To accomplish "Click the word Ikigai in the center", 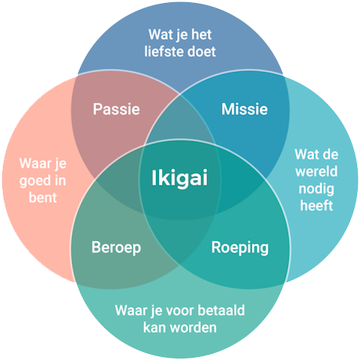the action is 179,178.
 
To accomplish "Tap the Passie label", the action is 116,109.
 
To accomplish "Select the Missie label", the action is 244,109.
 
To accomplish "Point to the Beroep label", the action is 116,247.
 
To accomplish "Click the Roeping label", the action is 240,247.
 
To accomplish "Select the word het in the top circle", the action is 202,34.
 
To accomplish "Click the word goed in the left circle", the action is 32,181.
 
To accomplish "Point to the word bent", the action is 43,197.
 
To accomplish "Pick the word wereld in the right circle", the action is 316,172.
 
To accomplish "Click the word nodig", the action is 316,189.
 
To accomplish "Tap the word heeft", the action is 316,205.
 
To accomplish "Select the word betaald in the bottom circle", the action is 221,310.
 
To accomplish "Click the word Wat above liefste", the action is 160,34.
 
